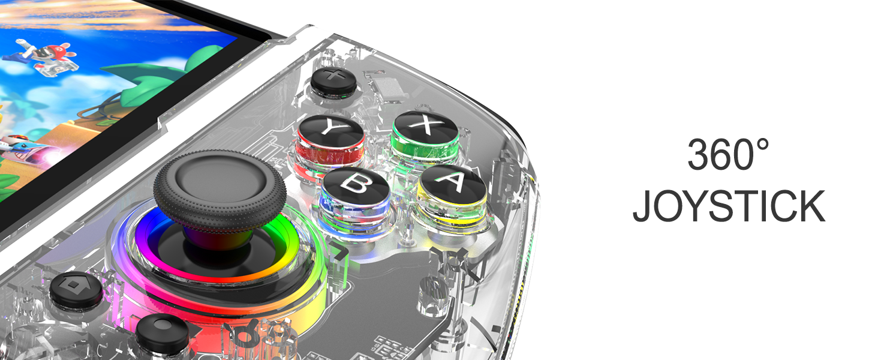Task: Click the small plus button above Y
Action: pyautogui.click(x=333, y=80)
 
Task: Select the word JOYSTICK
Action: pyautogui.click(x=729, y=206)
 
